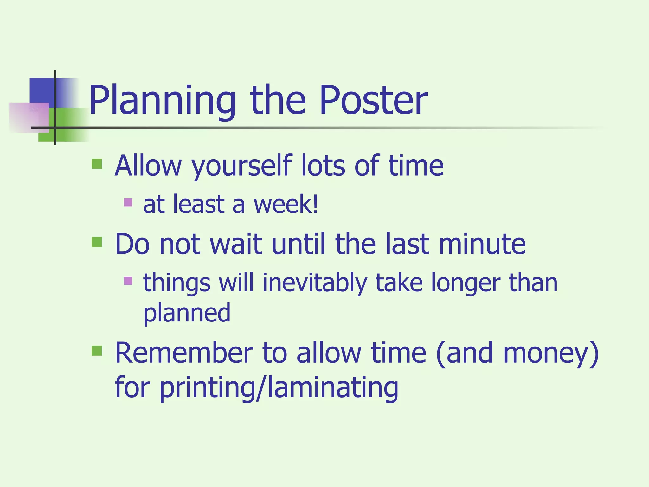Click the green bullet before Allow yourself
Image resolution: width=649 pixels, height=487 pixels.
pos(97,164)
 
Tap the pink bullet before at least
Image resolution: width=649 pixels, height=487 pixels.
pos(128,202)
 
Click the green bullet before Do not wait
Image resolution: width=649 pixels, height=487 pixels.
pos(97,242)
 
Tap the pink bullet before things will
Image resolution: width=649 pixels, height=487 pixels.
pos(128,281)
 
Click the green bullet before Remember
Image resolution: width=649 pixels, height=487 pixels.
pos(97,351)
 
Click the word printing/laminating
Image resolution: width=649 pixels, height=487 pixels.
pos(279,388)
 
